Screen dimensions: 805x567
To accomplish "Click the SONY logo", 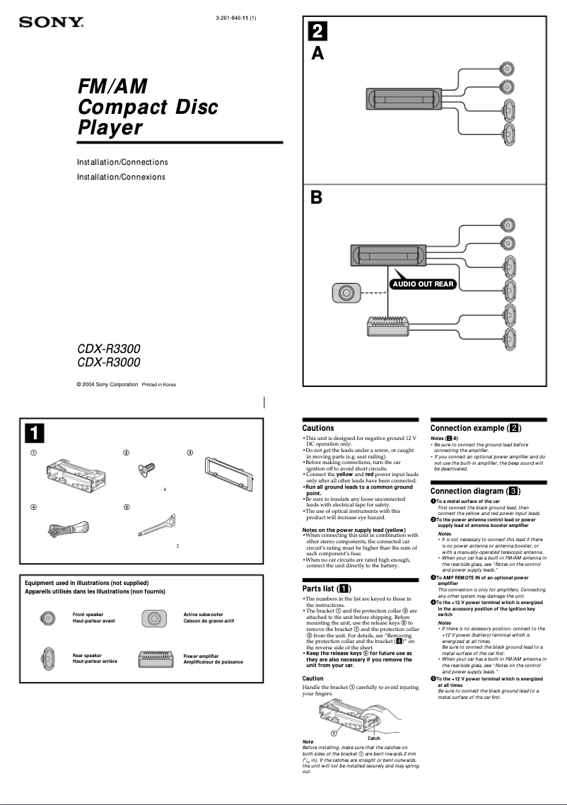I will tap(51, 22).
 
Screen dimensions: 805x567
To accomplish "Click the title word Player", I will tap(110, 128).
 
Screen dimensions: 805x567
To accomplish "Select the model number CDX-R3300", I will tap(108, 349).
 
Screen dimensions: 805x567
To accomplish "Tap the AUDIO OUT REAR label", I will tap(422, 284).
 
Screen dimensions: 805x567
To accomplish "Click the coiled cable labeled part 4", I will tap(66, 527).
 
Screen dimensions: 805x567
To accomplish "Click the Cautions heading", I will tap(318, 428).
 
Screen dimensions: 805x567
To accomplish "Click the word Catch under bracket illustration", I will tap(374, 738).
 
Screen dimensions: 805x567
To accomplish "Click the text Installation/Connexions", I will tap(121, 177).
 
